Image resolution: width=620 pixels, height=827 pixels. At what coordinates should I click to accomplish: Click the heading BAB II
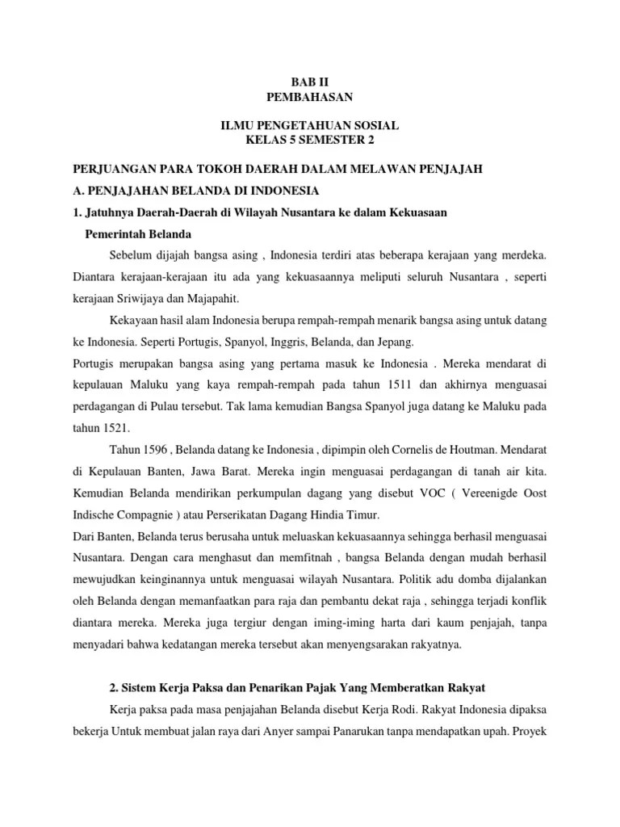pos(310,83)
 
